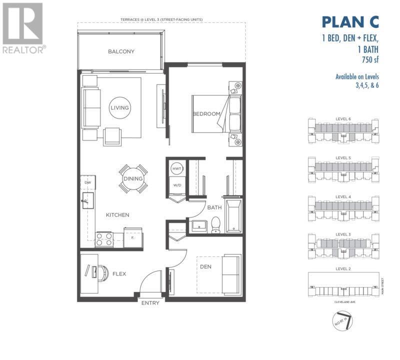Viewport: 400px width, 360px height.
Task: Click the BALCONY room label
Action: (121, 51)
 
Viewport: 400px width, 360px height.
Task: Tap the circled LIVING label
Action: (120, 107)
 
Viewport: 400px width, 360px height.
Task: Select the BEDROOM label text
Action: (206, 114)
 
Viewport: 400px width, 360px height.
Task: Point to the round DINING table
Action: (132, 178)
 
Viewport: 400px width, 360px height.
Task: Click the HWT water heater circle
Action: (177, 169)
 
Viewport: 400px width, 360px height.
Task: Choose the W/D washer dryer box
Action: (177, 185)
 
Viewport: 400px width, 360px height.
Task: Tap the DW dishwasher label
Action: (87, 183)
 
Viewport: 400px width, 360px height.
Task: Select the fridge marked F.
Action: (133, 237)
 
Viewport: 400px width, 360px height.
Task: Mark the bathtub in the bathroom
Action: (233, 216)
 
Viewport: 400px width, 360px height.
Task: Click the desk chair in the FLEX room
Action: (102, 271)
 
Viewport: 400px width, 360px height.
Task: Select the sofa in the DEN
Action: (231, 273)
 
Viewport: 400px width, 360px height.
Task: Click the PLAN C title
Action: (349, 22)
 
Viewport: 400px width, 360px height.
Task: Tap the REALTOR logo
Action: (23, 28)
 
